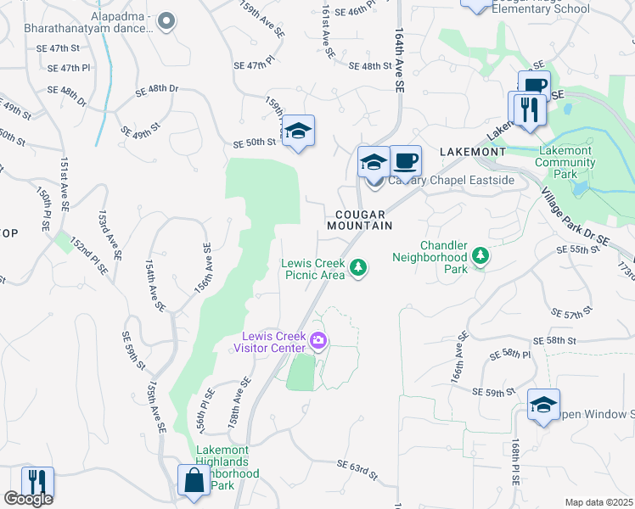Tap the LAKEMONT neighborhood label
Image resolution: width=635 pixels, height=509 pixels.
(473, 152)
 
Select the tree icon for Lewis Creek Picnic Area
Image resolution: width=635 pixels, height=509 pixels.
(359, 268)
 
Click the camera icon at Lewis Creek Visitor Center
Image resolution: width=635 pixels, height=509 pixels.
(319, 341)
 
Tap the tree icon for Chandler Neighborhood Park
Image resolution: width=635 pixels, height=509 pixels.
(480, 256)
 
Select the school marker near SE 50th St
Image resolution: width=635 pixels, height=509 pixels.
(298, 131)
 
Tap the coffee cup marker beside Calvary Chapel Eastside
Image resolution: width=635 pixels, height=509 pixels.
(406, 160)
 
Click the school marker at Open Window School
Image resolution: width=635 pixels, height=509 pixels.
(543, 405)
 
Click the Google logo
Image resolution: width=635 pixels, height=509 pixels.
(28, 499)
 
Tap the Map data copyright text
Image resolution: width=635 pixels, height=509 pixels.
(598, 502)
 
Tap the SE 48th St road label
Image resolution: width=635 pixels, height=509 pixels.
(368, 66)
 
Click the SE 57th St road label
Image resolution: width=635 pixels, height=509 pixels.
(571, 314)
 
